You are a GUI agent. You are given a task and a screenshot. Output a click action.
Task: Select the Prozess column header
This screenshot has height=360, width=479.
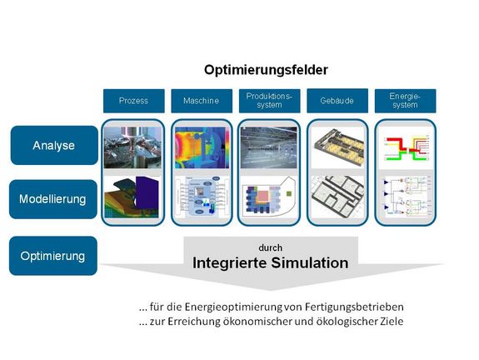click(x=133, y=101)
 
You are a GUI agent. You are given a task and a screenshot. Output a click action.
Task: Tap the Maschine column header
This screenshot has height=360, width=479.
click(x=201, y=101)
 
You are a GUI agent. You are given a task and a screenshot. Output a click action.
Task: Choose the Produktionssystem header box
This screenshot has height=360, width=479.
click(x=268, y=101)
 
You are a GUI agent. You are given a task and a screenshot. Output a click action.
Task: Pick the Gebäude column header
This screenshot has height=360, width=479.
click(x=337, y=101)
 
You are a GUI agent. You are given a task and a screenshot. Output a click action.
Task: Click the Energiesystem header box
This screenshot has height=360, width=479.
click(x=404, y=101)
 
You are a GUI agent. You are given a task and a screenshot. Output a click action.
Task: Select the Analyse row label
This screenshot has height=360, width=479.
click(x=53, y=145)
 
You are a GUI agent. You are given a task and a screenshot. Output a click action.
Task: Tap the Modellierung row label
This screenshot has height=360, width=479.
click(x=53, y=199)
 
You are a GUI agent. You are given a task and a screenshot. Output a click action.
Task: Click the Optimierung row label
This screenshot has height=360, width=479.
click(x=53, y=256)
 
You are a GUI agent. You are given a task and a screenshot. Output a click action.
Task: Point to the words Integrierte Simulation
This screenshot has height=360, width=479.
click(x=270, y=263)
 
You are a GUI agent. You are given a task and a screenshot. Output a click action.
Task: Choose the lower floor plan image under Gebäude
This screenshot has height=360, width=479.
click(x=337, y=197)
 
